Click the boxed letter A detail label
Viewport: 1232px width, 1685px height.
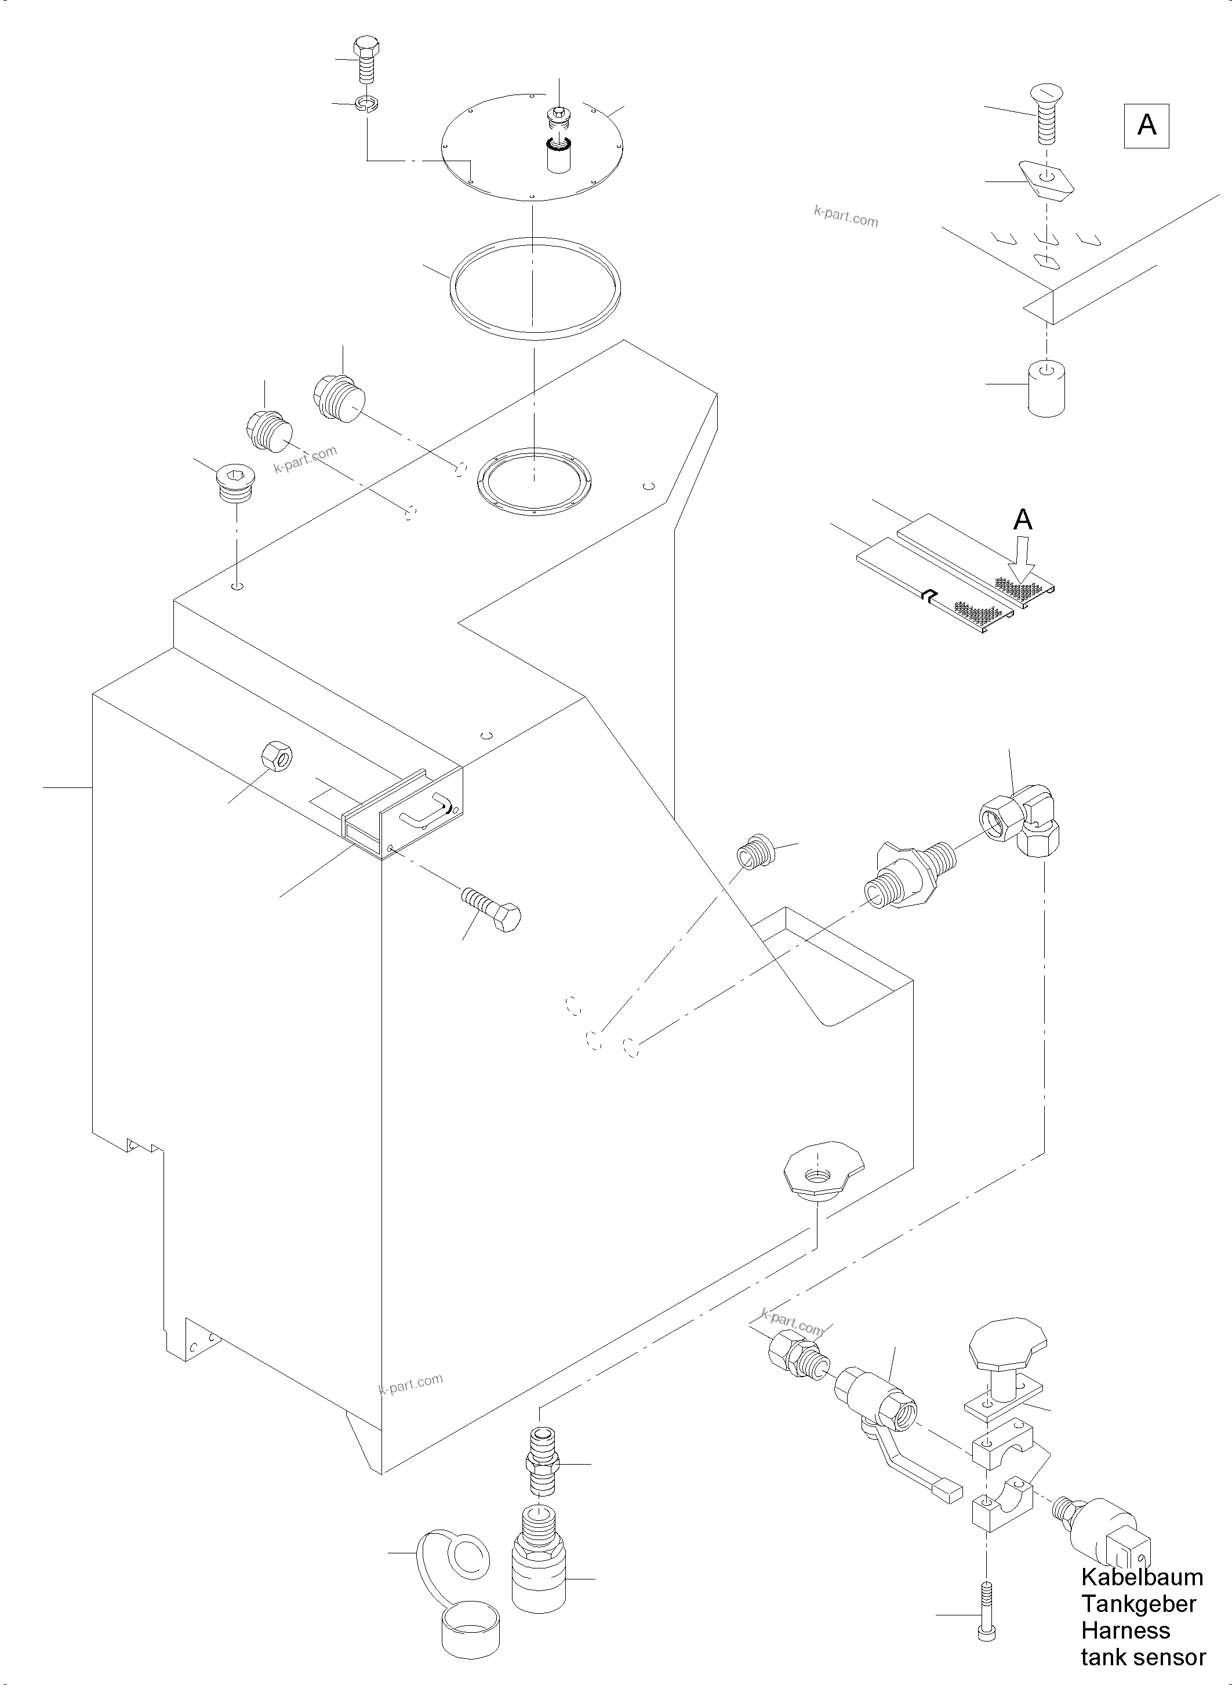click(x=1146, y=126)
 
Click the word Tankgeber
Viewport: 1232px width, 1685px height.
click(x=1139, y=1604)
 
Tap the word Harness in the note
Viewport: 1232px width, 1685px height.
click(x=1125, y=1630)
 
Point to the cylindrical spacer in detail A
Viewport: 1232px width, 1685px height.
click(x=1046, y=387)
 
